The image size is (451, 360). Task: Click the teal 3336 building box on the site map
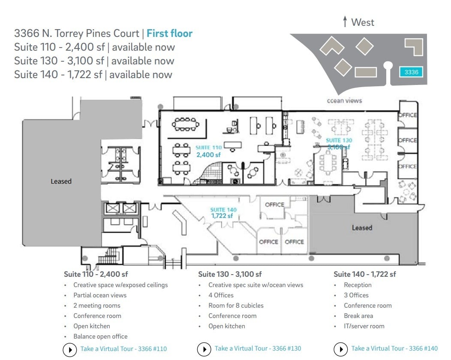click(411, 72)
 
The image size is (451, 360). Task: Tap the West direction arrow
click(345, 22)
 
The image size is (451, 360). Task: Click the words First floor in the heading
click(169, 33)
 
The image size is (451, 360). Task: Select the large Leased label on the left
click(61, 182)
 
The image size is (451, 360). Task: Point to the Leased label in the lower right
click(362, 228)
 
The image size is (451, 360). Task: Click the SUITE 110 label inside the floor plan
click(208, 148)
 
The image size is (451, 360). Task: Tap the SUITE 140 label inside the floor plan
click(223, 210)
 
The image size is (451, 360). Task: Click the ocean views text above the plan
click(344, 100)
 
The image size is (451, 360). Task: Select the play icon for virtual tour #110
click(70, 349)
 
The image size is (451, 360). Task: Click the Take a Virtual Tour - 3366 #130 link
click(258, 348)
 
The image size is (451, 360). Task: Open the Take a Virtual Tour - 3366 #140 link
click(394, 348)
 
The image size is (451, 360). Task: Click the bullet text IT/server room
click(364, 326)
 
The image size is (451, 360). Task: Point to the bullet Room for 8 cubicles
click(236, 306)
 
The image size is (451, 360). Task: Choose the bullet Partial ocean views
click(100, 295)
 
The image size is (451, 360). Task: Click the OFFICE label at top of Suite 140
click(274, 205)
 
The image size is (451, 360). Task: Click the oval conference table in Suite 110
click(185, 125)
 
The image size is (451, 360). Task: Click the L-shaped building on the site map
click(415, 46)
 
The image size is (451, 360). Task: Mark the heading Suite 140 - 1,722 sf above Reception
click(364, 274)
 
